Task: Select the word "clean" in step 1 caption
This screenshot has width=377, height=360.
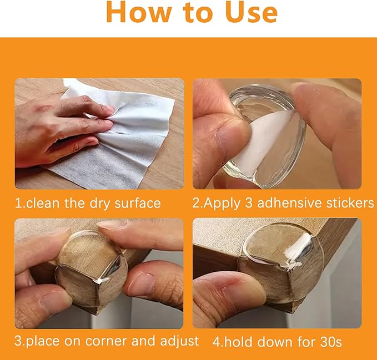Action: (43, 203)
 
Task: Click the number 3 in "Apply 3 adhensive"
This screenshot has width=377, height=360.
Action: (249, 203)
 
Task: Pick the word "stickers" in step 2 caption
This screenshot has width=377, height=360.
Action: (350, 203)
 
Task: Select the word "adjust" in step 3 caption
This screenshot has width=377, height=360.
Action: (179, 342)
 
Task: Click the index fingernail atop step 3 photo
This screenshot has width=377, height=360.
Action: (111, 225)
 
